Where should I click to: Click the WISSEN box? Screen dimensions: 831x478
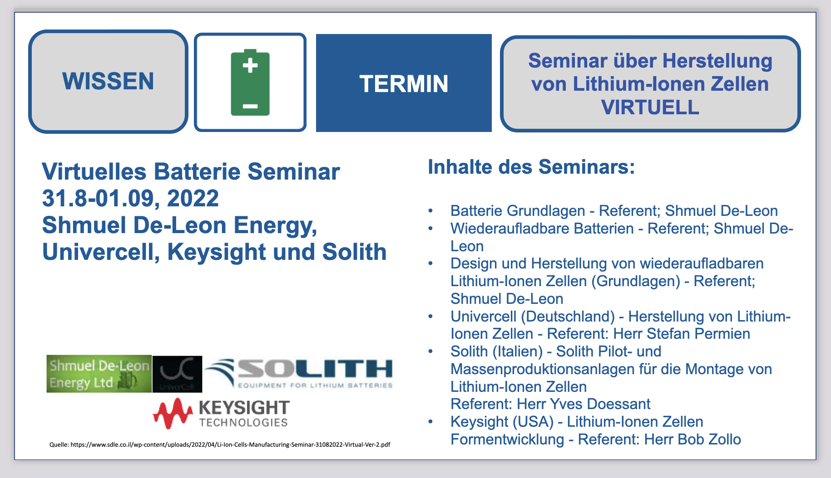pyautogui.click(x=108, y=82)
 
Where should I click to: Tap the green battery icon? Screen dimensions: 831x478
pyautogui.click(x=250, y=82)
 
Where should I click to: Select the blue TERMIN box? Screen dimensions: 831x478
pyautogui.click(x=404, y=83)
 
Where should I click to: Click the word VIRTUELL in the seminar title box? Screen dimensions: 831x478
pyautogui.click(x=650, y=107)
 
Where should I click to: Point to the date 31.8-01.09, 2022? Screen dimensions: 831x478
pyautogui.click(x=130, y=198)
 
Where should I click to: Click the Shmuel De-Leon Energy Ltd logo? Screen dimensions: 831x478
pyautogui.click(x=99, y=374)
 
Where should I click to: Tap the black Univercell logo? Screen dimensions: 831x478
pyautogui.click(x=177, y=374)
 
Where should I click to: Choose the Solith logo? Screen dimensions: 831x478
pyautogui.click(x=299, y=373)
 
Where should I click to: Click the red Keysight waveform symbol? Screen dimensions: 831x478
pyautogui.click(x=173, y=413)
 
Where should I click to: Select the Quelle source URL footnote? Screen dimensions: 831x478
pyautogui.click(x=220, y=444)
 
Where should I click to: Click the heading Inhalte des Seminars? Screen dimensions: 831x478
pyautogui.click(x=531, y=167)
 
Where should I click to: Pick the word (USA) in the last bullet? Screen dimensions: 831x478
pyautogui.click(x=533, y=422)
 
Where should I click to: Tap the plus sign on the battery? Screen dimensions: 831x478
pyautogui.click(x=250, y=65)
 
